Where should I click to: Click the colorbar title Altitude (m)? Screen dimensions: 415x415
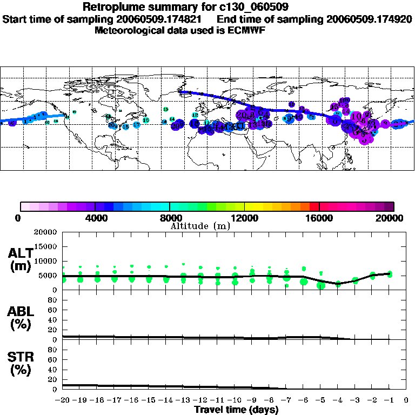(200, 226)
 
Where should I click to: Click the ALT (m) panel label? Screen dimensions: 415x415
(21, 260)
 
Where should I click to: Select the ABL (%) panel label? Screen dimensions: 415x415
(21, 318)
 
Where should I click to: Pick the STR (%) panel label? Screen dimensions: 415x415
(21, 364)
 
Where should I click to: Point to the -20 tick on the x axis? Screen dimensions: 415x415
(63, 400)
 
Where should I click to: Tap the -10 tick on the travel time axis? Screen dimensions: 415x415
(235, 400)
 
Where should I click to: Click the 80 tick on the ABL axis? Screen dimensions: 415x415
(53, 300)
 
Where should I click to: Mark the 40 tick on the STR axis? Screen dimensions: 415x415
(53, 369)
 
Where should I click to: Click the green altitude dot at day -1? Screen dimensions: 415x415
(390, 274)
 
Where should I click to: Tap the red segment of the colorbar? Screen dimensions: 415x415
(314, 206)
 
